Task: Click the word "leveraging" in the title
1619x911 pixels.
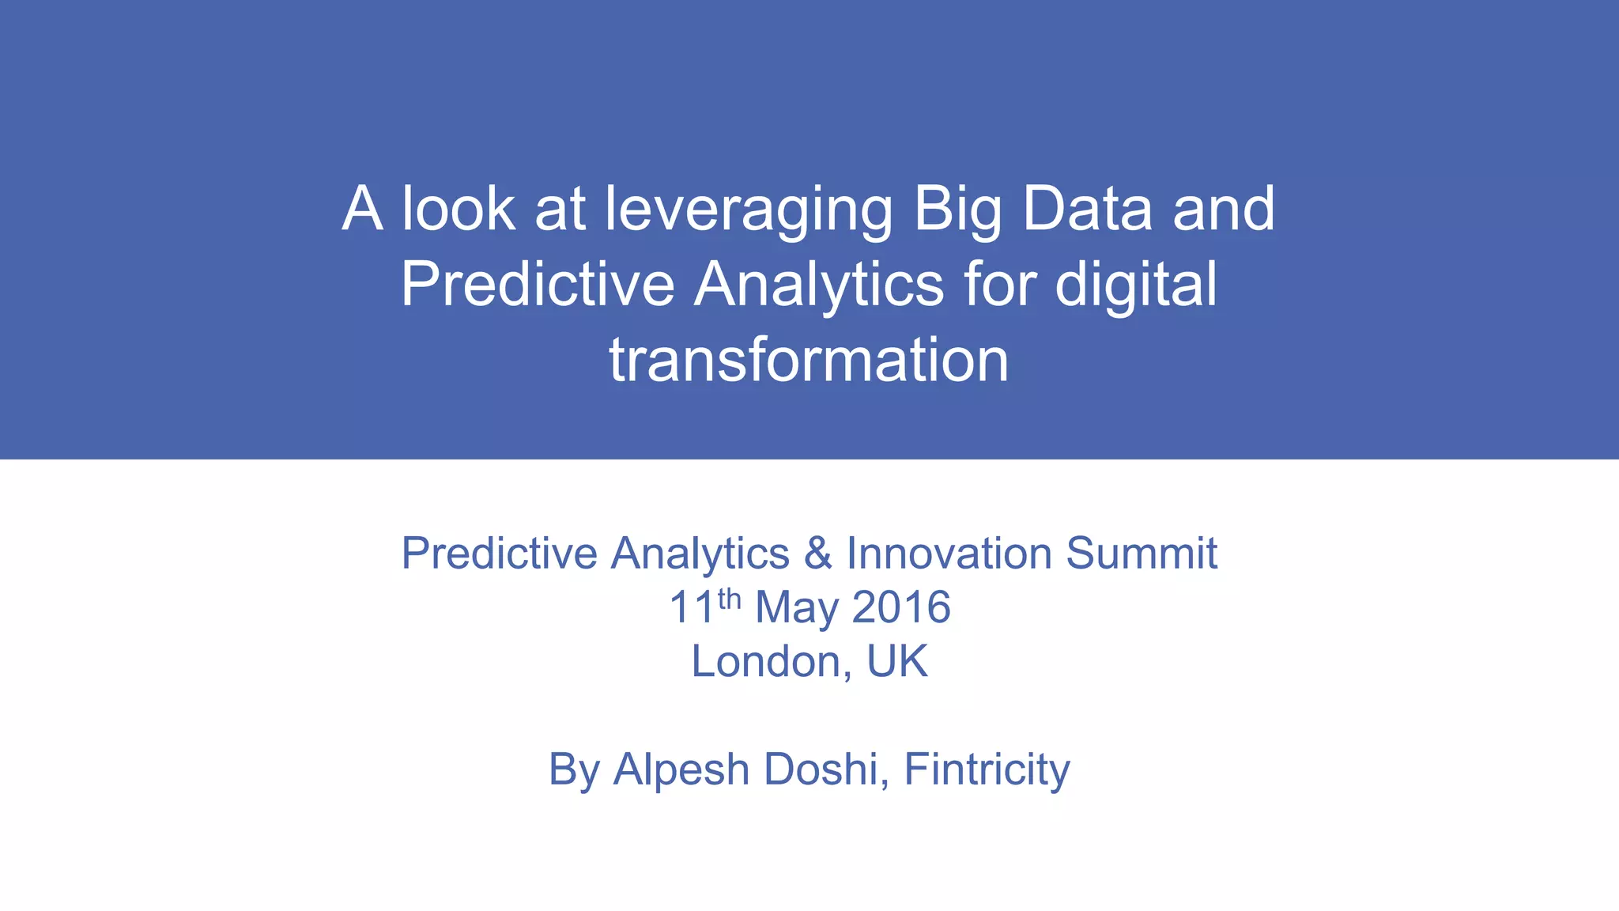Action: pyautogui.click(x=748, y=209)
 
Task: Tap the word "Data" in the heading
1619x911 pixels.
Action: pyautogui.click(x=1087, y=209)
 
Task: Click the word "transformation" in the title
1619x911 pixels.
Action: pyautogui.click(x=809, y=361)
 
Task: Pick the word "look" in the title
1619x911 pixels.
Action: pyautogui.click(x=459, y=209)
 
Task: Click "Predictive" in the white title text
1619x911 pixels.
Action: pyautogui.click(x=538, y=285)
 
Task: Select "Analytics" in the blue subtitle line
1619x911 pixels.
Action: pyautogui.click(x=700, y=553)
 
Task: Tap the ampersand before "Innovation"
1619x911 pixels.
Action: pyautogui.click(x=818, y=553)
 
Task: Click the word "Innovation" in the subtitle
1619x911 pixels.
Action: pyautogui.click(x=949, y=553)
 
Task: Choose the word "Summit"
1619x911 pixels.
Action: pyautogui.click(x=1142, y=553)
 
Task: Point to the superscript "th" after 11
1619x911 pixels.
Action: pyautogui.click(x=729, y=599)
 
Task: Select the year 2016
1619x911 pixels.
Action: pyautogui.click(x=901, y=607)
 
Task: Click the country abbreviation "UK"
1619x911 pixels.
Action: pyautogui.click(x=897, y=661)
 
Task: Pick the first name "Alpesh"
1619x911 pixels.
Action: pyautogui.click(x=681, y=769)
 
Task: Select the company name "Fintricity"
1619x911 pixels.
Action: pyautogui.click(x=987, y=769)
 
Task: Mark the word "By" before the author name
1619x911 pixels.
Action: pyautogui.click(x=574, y=769)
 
